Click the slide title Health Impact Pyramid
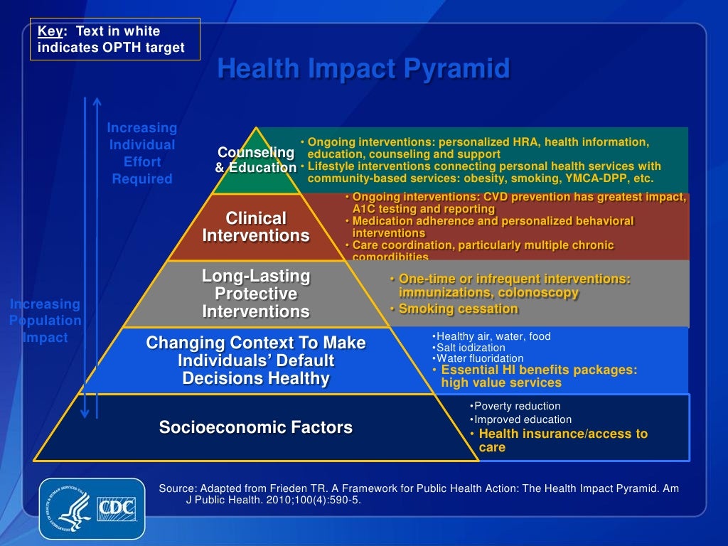point(363,69)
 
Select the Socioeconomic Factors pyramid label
point(255,427)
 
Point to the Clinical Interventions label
point(256,227)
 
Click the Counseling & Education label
point(256,160)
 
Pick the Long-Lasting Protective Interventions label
point(256,294)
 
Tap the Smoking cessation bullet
point(458,309)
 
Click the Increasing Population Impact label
point(45,321)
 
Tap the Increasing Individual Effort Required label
point(142,154)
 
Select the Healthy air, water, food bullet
point(493,336)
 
